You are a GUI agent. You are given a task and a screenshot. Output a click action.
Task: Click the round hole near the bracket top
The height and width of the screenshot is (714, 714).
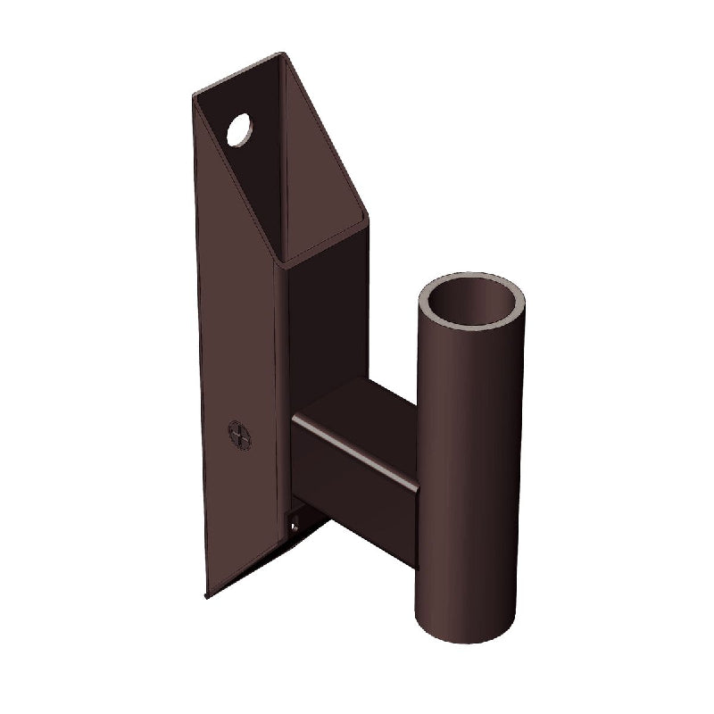[240, 130]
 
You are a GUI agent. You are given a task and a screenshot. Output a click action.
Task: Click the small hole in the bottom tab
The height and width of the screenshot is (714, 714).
[294, 527]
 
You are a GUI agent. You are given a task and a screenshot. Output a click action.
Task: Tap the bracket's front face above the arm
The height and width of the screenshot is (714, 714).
[326, 330]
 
